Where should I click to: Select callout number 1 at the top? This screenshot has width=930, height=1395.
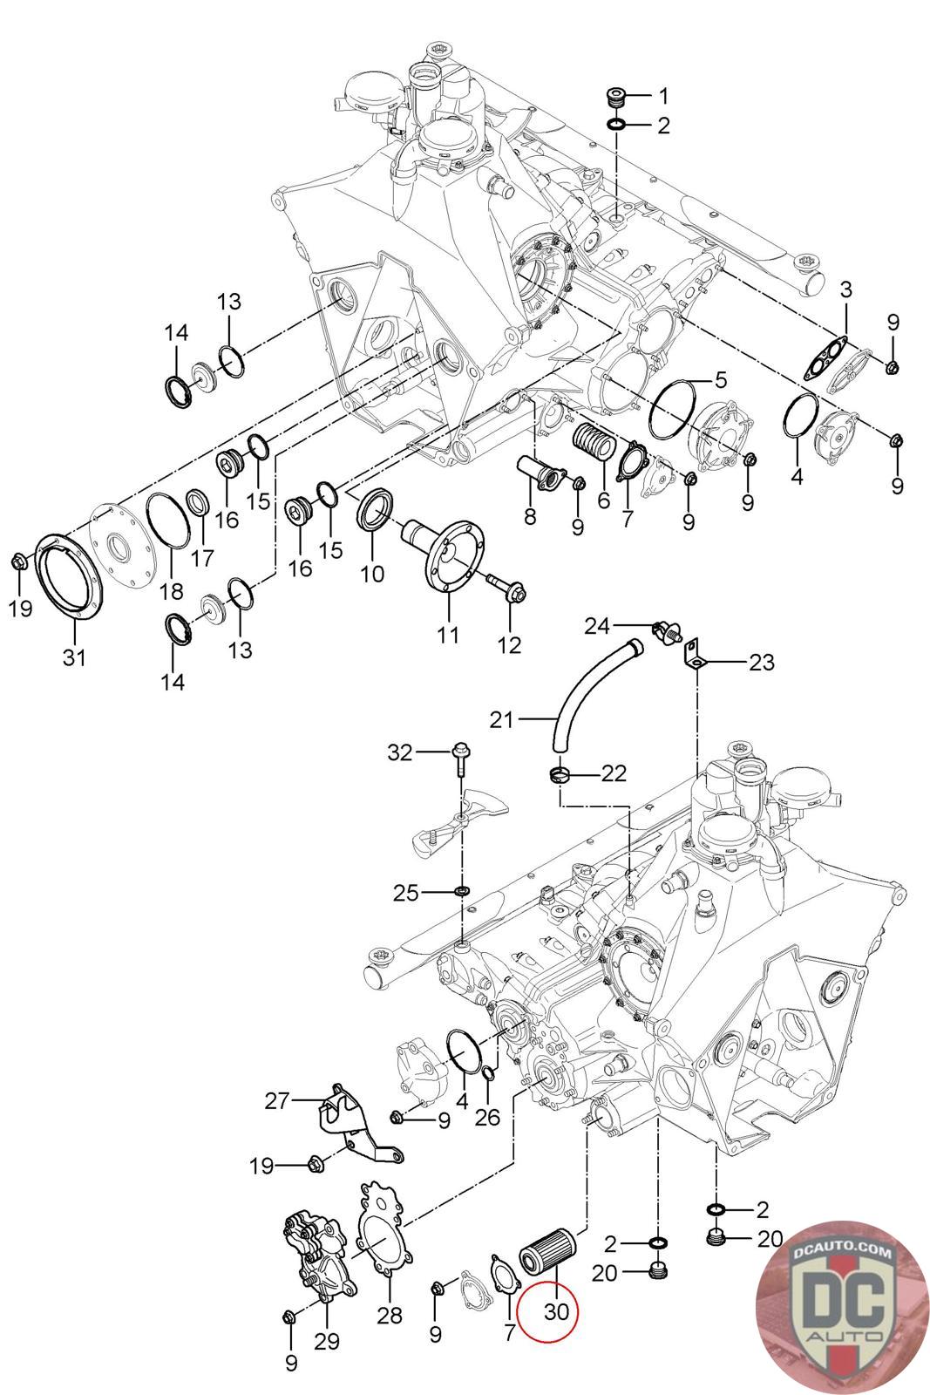click(663, 94)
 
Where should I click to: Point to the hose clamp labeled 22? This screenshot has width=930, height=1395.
click(560, 772)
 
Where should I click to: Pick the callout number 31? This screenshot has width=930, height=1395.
click(75, 657)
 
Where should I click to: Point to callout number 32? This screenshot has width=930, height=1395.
click(400, 752)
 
